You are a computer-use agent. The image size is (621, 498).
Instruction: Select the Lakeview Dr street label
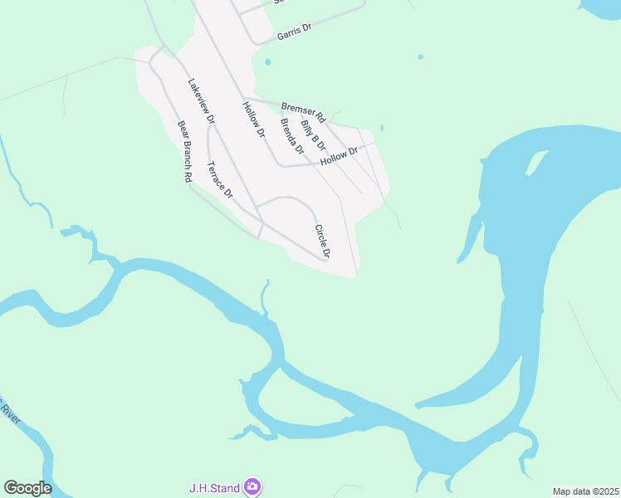(201, 101)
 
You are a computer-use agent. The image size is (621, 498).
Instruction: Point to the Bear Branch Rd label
(185, 152)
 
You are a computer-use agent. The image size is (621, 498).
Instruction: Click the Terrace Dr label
(220, 178)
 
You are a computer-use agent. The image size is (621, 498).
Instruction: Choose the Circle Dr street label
(323, 241)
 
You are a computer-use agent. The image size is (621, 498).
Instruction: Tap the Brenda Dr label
(292, 137)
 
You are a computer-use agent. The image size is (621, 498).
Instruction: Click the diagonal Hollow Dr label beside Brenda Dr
(253, 119)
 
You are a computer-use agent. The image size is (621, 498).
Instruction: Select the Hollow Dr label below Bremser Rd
(338, 155)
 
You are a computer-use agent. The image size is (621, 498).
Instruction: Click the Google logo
(27, 488)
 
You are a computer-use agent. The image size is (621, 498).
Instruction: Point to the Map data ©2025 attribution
(585, 491)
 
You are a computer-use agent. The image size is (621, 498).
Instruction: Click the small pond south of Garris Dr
(266, 61)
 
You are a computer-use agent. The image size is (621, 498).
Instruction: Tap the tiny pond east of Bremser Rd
(381, 128)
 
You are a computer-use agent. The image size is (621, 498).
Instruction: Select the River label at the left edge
(8, 412)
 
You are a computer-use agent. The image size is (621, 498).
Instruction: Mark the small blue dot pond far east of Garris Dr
(420, 57)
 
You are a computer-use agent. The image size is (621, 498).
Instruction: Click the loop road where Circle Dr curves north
(286, 198)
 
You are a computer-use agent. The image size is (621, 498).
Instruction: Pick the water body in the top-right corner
(601, 8)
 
